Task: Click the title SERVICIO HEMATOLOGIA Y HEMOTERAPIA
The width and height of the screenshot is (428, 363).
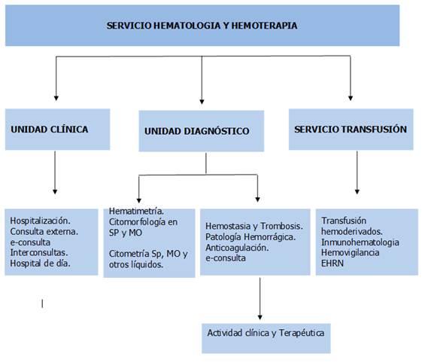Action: point(202,26)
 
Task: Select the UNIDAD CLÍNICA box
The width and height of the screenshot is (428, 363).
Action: point(58,130)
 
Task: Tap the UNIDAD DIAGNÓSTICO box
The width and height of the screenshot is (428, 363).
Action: point(202,131)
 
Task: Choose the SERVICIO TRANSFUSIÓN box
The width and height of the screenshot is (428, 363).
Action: point(351,130)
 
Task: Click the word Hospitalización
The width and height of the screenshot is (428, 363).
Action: point(40,221)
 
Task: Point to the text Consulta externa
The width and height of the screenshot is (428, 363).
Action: point(44,231)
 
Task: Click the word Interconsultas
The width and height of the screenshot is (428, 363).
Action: point(39,252)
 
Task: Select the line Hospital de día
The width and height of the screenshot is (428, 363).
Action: point(40,264)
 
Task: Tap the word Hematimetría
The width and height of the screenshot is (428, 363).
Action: point(136,211)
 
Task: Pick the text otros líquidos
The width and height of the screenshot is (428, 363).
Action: point(136,264)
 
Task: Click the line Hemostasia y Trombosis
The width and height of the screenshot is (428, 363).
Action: point(254,226)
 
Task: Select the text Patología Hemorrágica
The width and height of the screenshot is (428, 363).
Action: point(250,236)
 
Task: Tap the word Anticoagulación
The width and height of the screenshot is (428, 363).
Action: point(237,248)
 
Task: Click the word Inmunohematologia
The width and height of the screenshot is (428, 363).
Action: point(360,243)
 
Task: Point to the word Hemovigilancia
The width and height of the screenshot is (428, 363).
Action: point(351,252)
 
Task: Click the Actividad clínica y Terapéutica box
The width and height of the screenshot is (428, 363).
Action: point(266,338)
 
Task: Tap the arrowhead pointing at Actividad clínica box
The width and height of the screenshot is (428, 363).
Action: point(260,317)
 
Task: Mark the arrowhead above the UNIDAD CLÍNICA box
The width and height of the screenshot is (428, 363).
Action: point(56,98)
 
